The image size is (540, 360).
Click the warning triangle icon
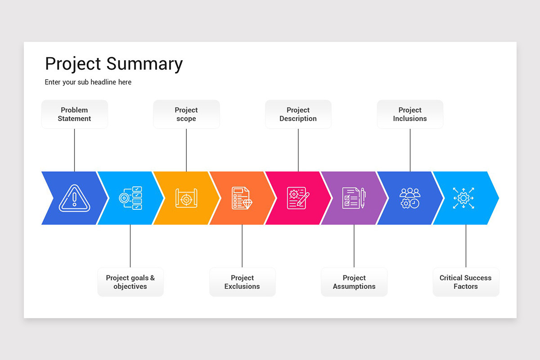(x=75, y=198)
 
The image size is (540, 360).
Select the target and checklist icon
(x=130, y=198)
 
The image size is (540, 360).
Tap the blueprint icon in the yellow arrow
(x=186, y=198)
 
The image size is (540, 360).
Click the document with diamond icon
(x=242, y=198)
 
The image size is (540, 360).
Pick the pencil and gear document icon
(x=298, y=198)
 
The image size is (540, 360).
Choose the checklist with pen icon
(x=354, y=198)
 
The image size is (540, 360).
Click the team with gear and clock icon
(x=410, y=198)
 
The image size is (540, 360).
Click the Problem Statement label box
(x=75, y=114)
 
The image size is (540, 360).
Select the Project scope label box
(x=186, y=114)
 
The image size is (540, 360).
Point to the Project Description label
(x=298, y=114)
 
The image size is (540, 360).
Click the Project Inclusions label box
(x=410, y=114)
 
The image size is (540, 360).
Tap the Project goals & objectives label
(x=130, y=282)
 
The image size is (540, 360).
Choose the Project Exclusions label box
(x=242, y=282)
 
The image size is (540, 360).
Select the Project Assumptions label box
(x=354, y=282)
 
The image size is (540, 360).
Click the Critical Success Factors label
(x=466, y=282)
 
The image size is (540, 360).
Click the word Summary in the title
(x=144, y=64)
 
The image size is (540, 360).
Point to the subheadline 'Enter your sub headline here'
(x=88, y=82)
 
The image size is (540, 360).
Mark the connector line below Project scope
(x=186, y=150)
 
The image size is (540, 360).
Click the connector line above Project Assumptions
(x=354, y=246)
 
